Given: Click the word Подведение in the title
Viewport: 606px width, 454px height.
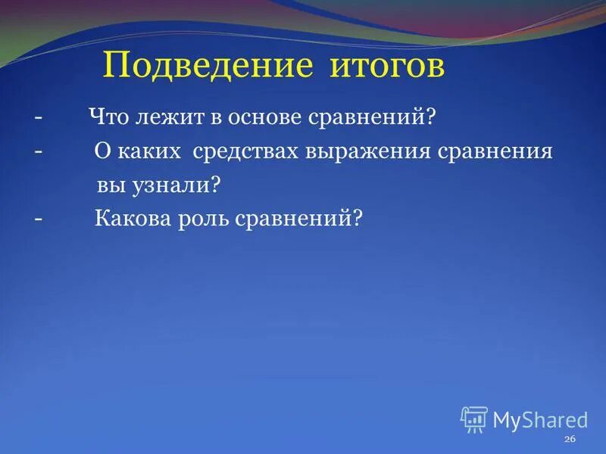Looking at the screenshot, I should pyautogui.click(x=208, y=67).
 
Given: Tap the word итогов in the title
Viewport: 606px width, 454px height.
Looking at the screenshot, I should pyautogui.click(x=386, y=67).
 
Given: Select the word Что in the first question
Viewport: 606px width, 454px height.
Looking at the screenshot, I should pyautogui.click(x=111, y=117).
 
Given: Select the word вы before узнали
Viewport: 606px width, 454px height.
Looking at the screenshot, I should pyautogui.click(x=107, y=185).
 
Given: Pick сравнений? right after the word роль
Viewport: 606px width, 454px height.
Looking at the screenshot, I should pyautogui.click(x=300, y=219).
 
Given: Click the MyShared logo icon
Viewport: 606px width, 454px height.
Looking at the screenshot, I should pyautogui.click(x=474, y=419).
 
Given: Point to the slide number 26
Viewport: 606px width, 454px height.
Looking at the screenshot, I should pyautogui.click(x=570, y=440).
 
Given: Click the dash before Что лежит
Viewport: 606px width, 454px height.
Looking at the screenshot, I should pyautogui.click(x=38, y=119).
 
